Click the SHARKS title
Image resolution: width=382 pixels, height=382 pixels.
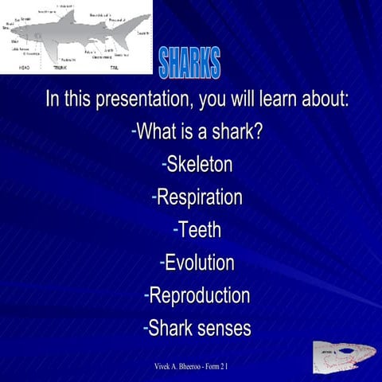point(189,64)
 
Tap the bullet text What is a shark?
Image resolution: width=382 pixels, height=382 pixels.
point(197,132)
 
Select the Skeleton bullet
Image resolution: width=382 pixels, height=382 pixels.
point(197,165)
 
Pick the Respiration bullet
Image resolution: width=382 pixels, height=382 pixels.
point(197,197)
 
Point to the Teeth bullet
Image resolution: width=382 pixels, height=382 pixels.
point(197,229)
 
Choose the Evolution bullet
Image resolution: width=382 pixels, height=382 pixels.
point(197,262)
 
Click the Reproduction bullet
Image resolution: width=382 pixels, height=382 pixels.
point(197,294)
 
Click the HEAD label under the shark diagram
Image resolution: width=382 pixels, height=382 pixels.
point(25,68)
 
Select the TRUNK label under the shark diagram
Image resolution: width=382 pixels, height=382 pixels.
point(60,68)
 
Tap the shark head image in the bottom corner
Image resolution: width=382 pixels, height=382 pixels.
point(342,356)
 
